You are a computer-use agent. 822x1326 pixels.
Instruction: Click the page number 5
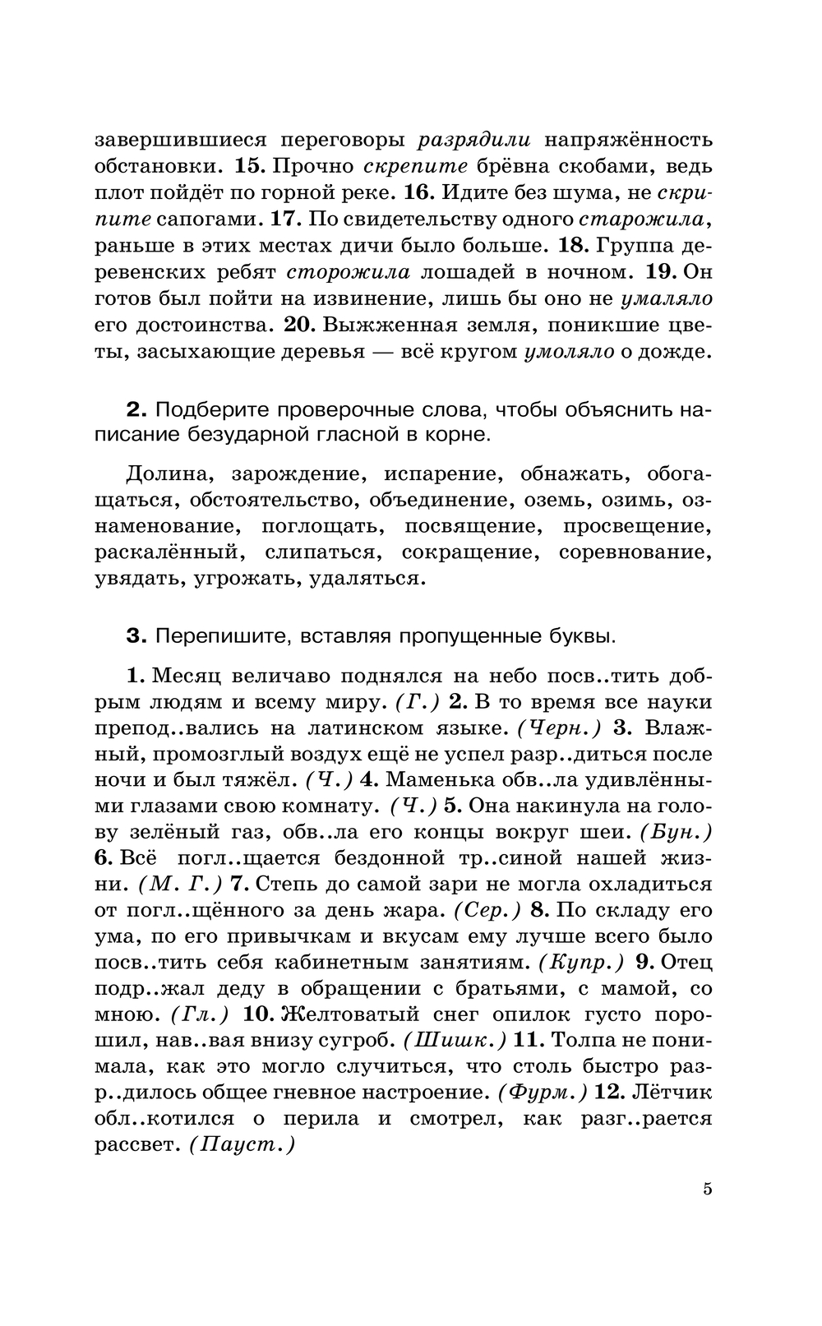[x=707, y=1189]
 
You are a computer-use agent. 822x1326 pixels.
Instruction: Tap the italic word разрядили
[x=475, y=140]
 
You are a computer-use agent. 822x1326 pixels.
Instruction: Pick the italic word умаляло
[x=667, y=298]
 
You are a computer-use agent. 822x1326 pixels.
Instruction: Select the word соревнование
[x=635, y=552]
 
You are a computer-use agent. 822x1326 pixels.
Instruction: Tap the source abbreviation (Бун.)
[x=676, y=833]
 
